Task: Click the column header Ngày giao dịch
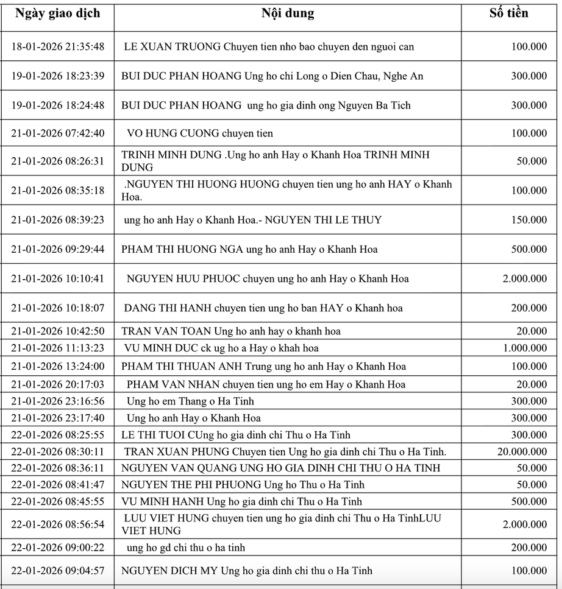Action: tap(57, 13)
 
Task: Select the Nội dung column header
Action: tap(288, 13)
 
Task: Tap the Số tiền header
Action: tap(509, 13)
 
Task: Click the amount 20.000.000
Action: tap(522, 452)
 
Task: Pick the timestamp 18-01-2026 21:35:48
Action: tap(58, 47)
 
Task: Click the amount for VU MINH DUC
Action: tap(525, 348)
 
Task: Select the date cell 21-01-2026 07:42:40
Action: tap(58, 133)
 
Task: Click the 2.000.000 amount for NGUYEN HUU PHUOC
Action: tap(525, 279)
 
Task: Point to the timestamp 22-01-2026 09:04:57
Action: tap(58, 571)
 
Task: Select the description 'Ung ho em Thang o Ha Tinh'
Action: tap(190, 401)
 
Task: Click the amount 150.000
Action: tap(529, 220)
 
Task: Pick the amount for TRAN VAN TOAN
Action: tap(532, 331)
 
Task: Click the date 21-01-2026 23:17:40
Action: tap(58, 418)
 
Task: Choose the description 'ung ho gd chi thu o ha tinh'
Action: tap(186, 548)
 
